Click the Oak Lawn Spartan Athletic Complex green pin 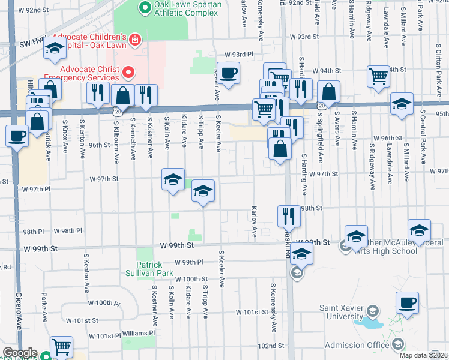click(145, 8)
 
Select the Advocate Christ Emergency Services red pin click(128, 73)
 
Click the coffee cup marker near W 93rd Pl click(228, 73)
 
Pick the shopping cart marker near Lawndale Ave click(378, 76)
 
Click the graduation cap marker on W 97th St click(173, 179)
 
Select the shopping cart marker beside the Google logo click(61, 346)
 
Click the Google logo click(20, 353)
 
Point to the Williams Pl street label click(139, 332)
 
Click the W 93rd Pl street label click(240, 54)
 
